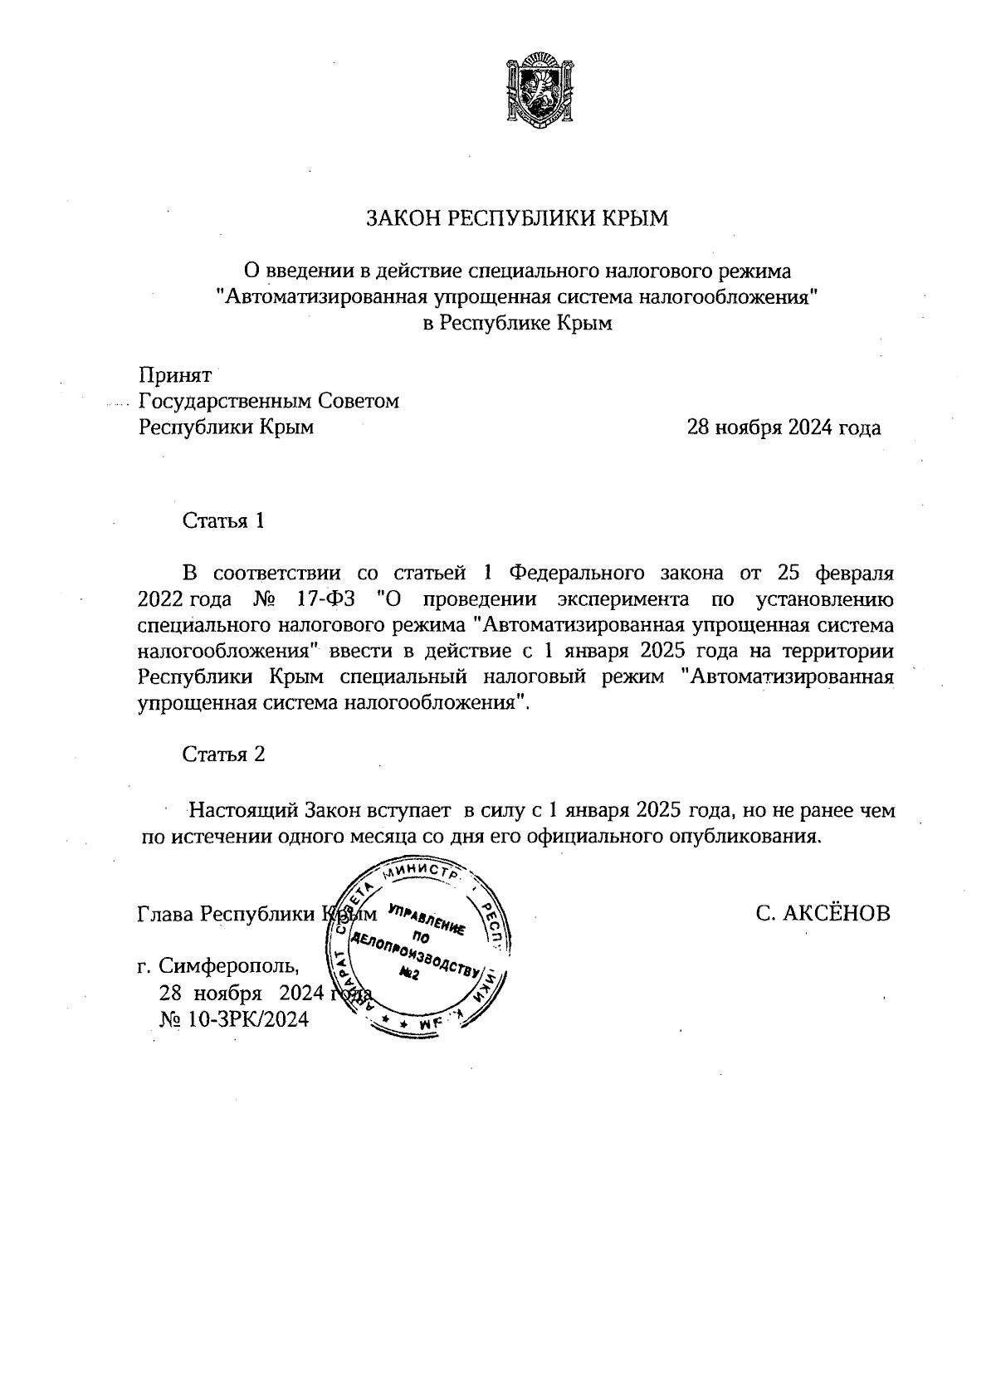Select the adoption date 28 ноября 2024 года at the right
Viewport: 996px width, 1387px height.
pyautogui.click(x=783, y=427)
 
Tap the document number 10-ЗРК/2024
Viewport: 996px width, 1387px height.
pyautogui.click(x=248, y=1019)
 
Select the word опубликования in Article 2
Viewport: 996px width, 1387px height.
pyautogui.click(x=746, y=836)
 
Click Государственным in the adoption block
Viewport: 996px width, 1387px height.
pyautogui.click(x=225, y=401)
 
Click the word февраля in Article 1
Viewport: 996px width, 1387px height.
pyautogui.click(x=856, y=574)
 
